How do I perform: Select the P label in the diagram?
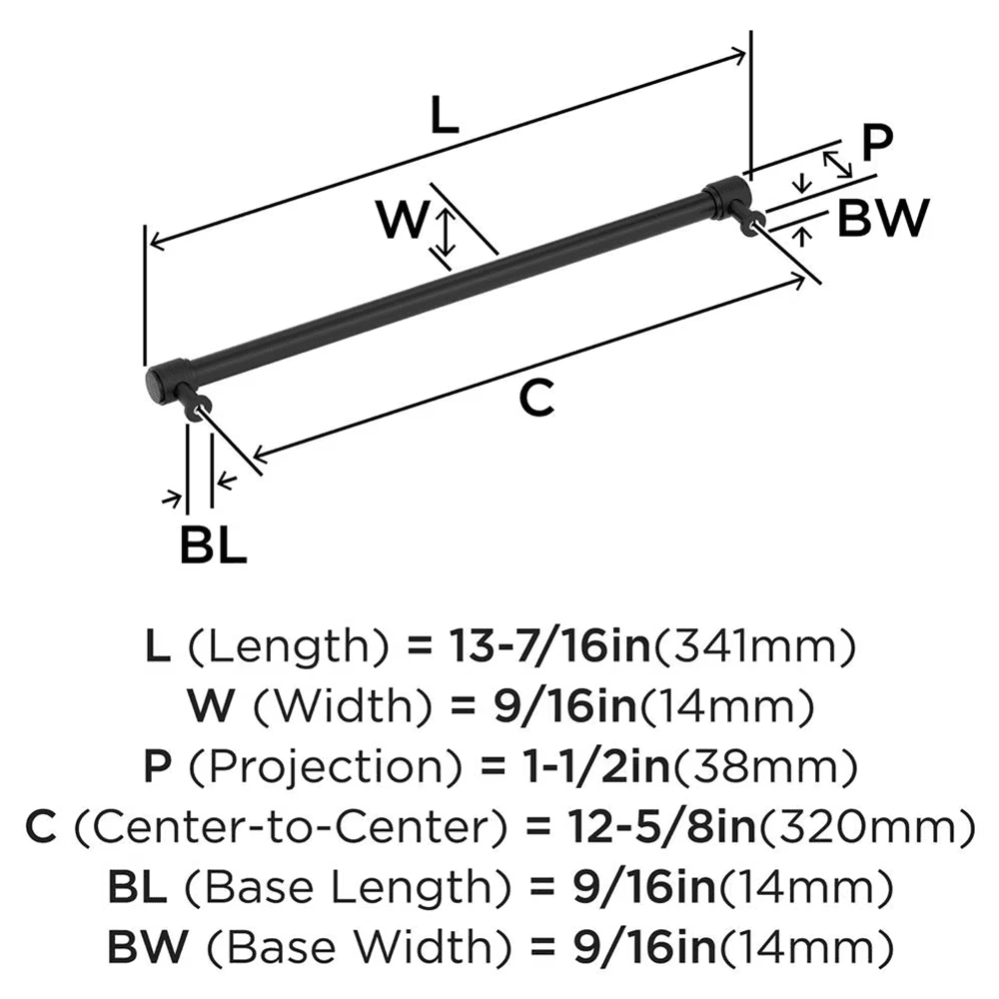click(x=875, y=143)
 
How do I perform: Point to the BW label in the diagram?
click(x=883, y=218)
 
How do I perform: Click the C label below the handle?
click(x=536, y=400)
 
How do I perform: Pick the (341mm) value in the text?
click(x=755, y=649)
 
